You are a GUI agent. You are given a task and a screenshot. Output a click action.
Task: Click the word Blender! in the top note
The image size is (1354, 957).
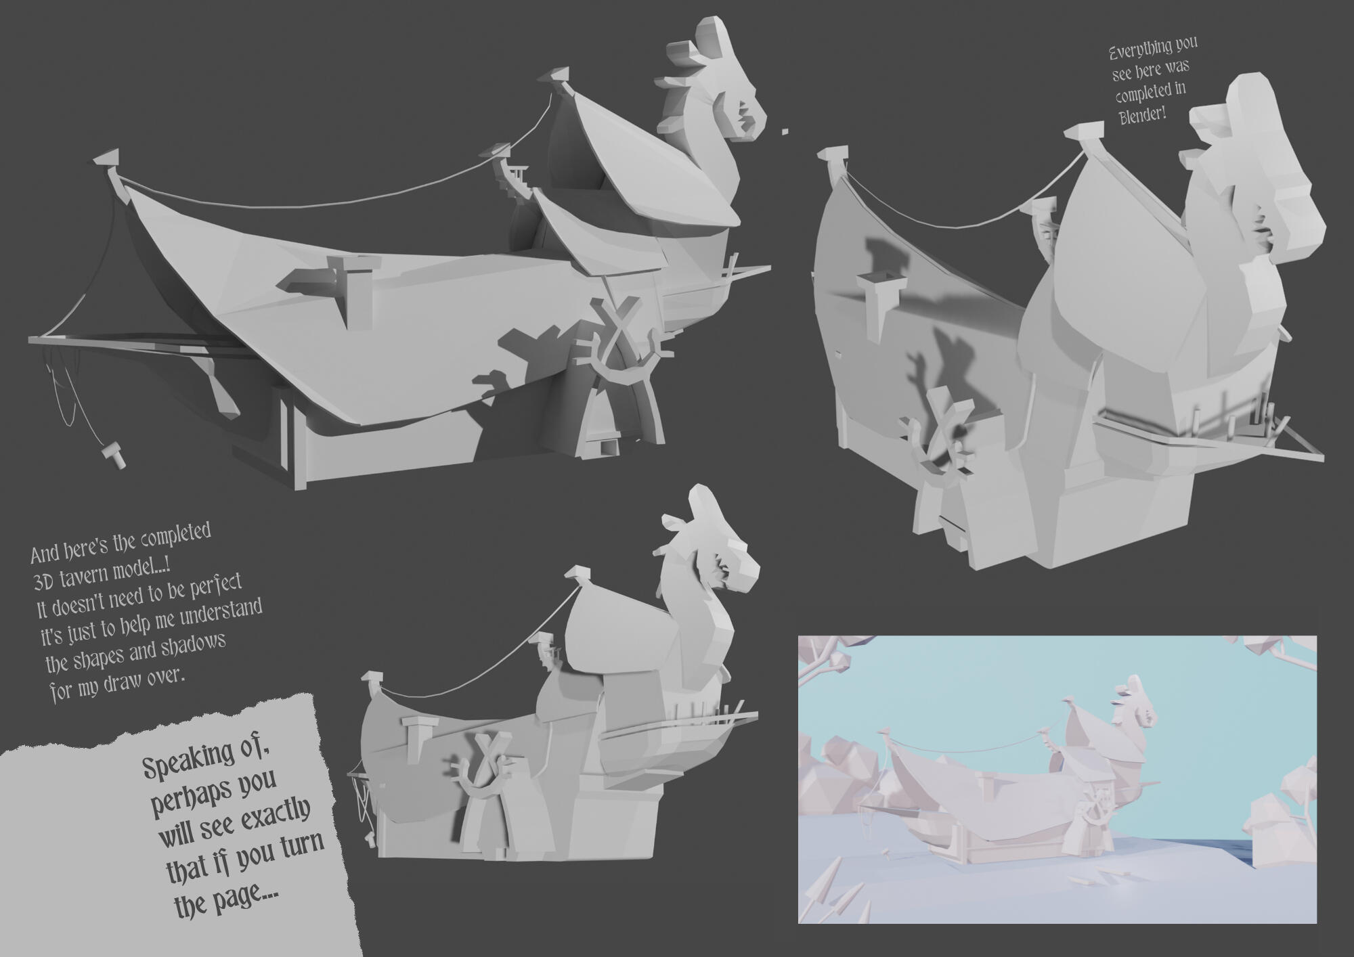[x=1143, y=113]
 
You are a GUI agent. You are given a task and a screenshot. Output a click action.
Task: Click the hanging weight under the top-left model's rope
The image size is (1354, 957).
[x=113, y=455]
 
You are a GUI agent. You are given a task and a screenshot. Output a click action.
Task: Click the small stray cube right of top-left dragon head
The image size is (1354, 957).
[x=785, y=131]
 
